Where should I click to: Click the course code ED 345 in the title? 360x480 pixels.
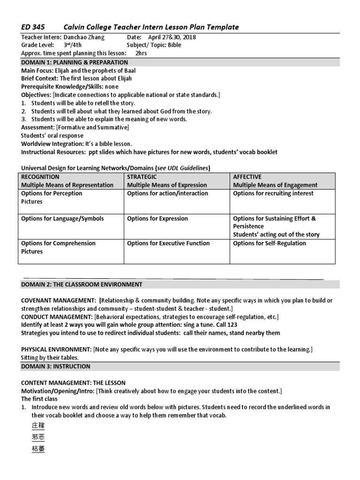32,27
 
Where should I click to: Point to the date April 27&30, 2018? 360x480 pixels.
172,37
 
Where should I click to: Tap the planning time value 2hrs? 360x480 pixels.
141,53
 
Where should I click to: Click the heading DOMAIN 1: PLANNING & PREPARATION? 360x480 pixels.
75,62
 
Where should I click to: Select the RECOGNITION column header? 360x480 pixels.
40,177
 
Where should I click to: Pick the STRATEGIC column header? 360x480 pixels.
142,177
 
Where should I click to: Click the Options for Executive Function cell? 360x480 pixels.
168,243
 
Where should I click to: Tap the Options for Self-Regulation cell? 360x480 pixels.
269,243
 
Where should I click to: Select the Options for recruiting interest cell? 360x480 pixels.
273,193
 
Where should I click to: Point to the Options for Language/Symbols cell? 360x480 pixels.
62,218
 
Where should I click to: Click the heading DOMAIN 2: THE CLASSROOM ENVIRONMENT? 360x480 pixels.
82,284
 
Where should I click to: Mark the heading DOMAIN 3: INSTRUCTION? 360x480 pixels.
56,366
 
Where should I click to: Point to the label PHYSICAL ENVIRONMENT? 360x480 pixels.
56,350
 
